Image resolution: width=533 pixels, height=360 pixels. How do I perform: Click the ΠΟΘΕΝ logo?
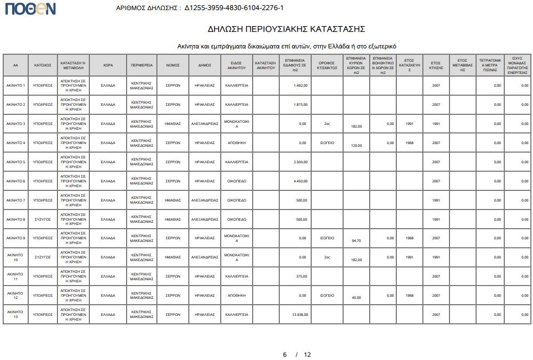pyautogui.click(x=30, y=9)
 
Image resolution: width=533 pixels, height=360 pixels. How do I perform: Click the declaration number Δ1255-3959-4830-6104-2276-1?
pyautogui.click(x=234, y=8)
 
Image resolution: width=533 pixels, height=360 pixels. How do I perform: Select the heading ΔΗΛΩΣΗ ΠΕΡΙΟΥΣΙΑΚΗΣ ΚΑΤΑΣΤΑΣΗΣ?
pyautogui.click(x=286, y=29)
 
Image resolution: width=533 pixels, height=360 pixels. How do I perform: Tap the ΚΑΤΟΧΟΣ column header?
pyautogui.click(x=43, y=65)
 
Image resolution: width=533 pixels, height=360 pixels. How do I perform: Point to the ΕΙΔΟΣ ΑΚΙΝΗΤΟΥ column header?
pyautogui.click(x=237, y=65)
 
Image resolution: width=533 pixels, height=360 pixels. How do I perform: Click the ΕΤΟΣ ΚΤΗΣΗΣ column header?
pyautogui.click(x=436, y=65)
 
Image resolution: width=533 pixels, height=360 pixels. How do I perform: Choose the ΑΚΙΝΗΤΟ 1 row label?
pyautogui.click(x=15, y=86)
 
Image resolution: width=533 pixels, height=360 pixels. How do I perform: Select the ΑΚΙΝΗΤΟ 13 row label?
pyautogui.click(x=15, y=314)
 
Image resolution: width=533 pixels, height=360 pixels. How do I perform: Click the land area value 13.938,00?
pyautogui.click(x=300, y=315)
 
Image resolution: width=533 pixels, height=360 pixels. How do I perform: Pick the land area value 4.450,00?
pyautogui.click(x=301, y=181)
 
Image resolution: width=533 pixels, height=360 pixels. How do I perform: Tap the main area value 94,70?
pyautogui.click(x=356, y=241)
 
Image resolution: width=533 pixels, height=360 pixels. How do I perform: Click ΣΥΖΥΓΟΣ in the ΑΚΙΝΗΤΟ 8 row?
pyautogui.click(x=43, y=220)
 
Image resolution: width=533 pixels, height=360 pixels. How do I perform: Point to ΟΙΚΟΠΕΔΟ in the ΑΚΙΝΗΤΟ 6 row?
pyautogui.click(x=237, y=181)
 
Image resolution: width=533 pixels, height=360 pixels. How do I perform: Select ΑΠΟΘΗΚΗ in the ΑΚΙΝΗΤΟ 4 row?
pyautogui.click(x=237, y=143)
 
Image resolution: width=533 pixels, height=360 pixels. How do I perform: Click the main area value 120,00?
pyautogui.click(x=356, y=146)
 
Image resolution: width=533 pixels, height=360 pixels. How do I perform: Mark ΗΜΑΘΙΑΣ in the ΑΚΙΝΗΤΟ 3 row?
pyautogui.click(x=173, y=124)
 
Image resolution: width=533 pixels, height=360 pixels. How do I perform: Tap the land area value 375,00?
pyautogui.click(x=302, y=277)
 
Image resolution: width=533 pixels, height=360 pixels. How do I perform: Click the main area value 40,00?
pyautogui.click(x=356, y=298)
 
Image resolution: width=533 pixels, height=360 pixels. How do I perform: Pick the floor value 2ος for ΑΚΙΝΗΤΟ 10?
pyautogui.click(x=327, y=257)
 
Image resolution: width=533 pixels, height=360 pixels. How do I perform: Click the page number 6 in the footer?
pyautogui.click(x=285, y=355)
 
